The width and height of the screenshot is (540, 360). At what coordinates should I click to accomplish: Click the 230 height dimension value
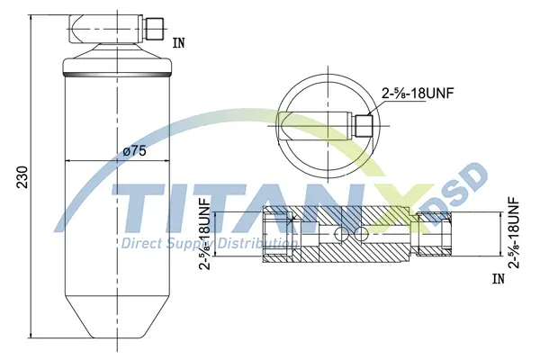22,177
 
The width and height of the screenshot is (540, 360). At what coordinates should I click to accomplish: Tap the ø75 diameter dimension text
134,150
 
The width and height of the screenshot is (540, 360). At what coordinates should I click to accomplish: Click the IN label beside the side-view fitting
178,43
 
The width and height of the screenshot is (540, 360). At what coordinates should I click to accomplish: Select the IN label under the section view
498,279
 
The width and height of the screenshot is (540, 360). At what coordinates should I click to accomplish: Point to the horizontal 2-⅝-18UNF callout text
417,93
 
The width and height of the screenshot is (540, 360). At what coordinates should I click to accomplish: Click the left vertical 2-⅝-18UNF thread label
205,233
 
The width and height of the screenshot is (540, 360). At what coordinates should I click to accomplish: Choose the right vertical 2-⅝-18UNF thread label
514,232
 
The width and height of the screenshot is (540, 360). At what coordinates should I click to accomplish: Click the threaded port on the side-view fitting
153,28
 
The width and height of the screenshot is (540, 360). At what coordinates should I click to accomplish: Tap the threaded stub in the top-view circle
364,125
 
